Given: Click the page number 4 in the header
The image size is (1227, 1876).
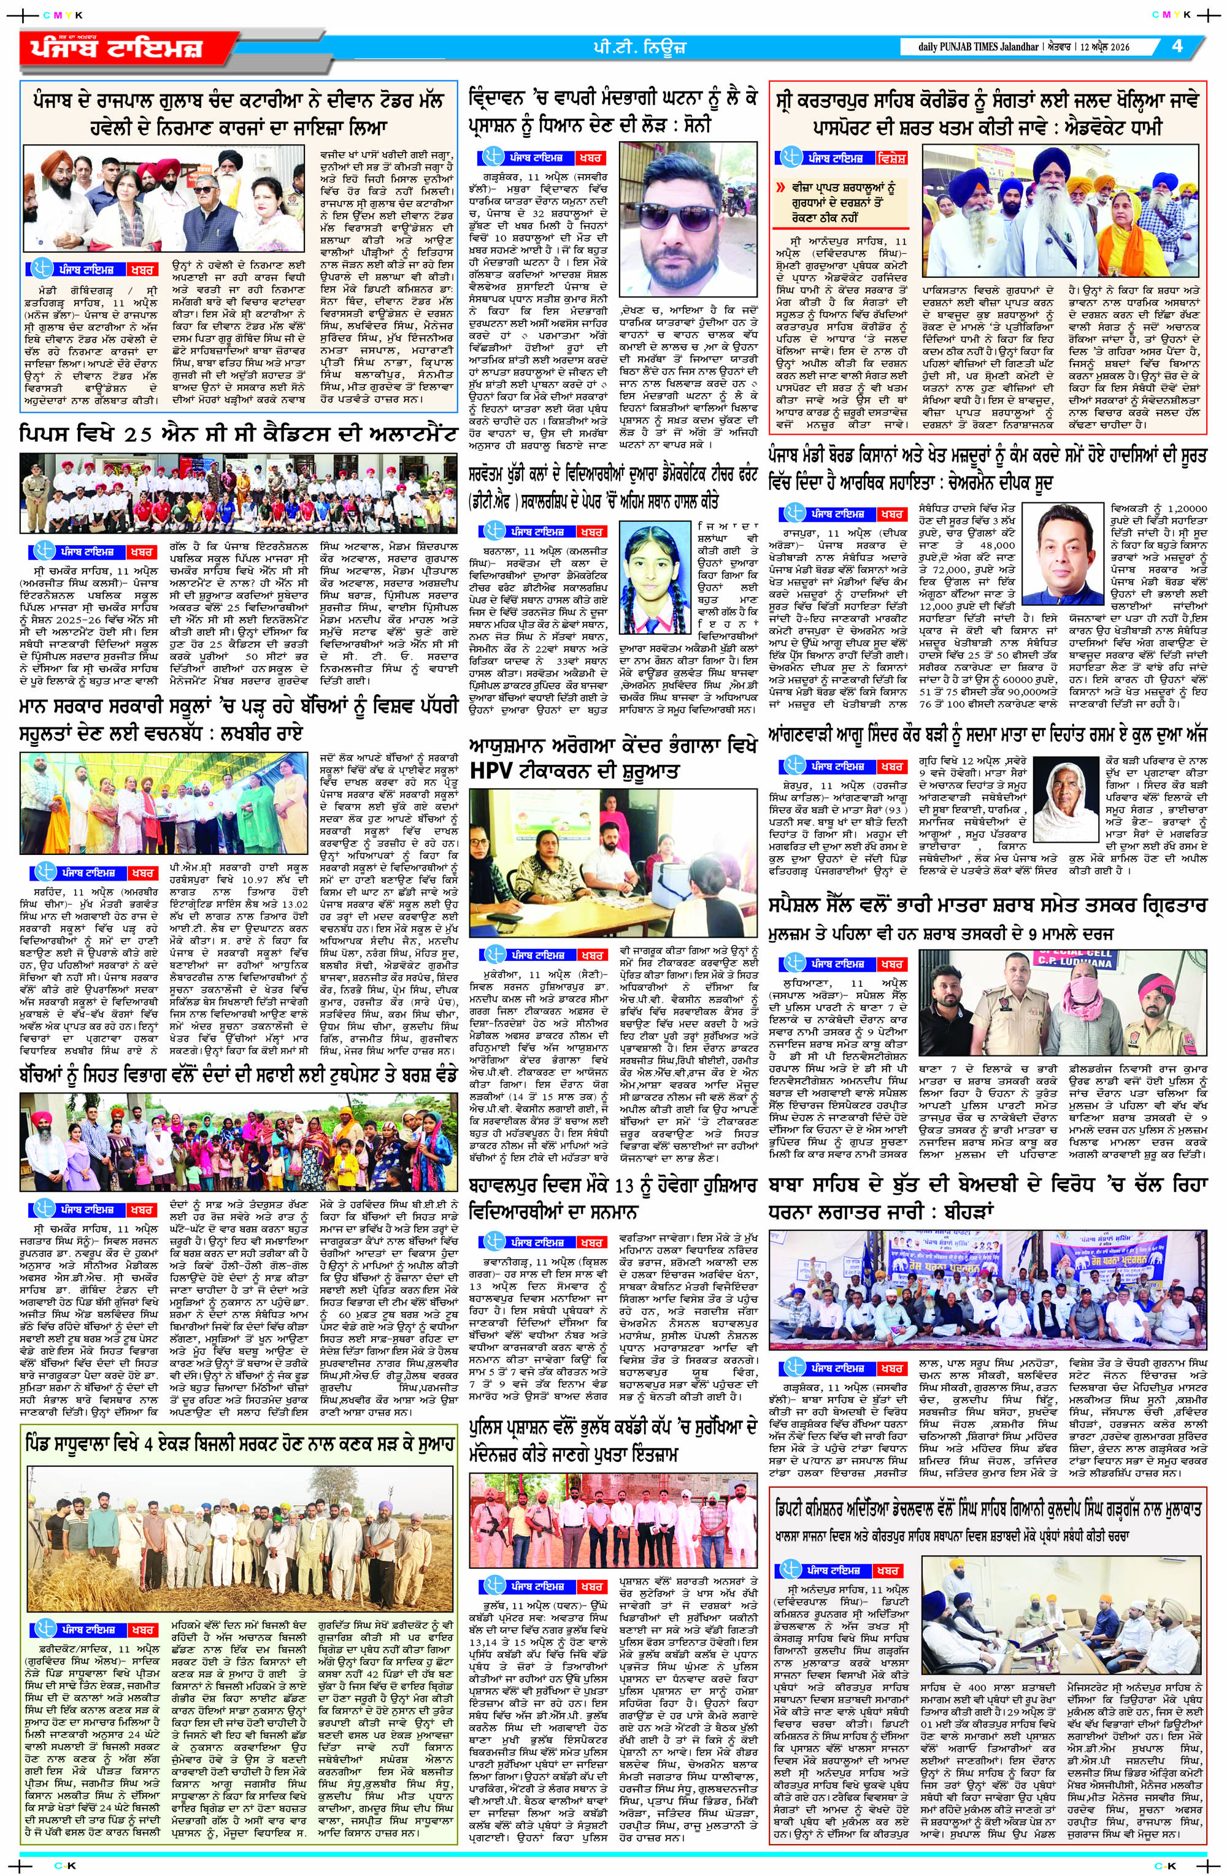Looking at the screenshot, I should (1177, 46).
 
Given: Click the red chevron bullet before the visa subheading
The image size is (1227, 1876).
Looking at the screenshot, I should (780, 189).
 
